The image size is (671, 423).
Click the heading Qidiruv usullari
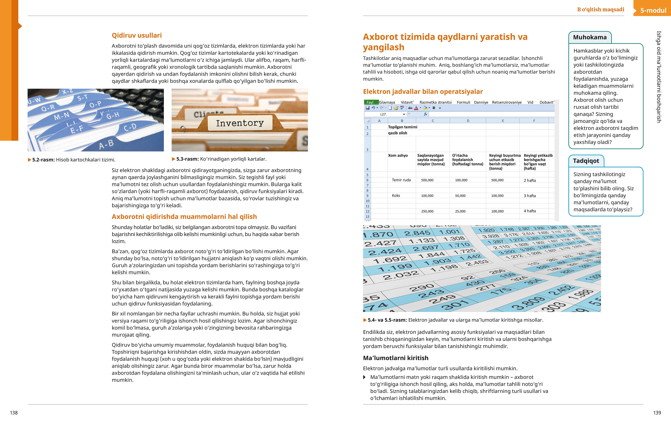point(136,35)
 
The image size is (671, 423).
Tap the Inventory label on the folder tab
point(240,123)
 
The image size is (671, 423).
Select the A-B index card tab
point(106,144)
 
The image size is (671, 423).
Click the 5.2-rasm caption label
point(44,160)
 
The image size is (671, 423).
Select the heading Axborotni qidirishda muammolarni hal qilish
point(184,217)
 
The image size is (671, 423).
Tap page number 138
point(14,413)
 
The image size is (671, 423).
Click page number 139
point(657,413)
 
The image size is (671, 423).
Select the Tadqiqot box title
point(586,161)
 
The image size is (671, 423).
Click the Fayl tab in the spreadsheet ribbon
point(370,102)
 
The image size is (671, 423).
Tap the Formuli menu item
point(463,102)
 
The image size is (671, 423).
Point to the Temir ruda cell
point(401,180)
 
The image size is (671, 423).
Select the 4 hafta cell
point(530,211)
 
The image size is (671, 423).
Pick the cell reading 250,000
point(427,211)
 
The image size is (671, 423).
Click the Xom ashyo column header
point(398,156)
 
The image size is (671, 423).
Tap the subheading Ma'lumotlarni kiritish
point(396,358)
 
